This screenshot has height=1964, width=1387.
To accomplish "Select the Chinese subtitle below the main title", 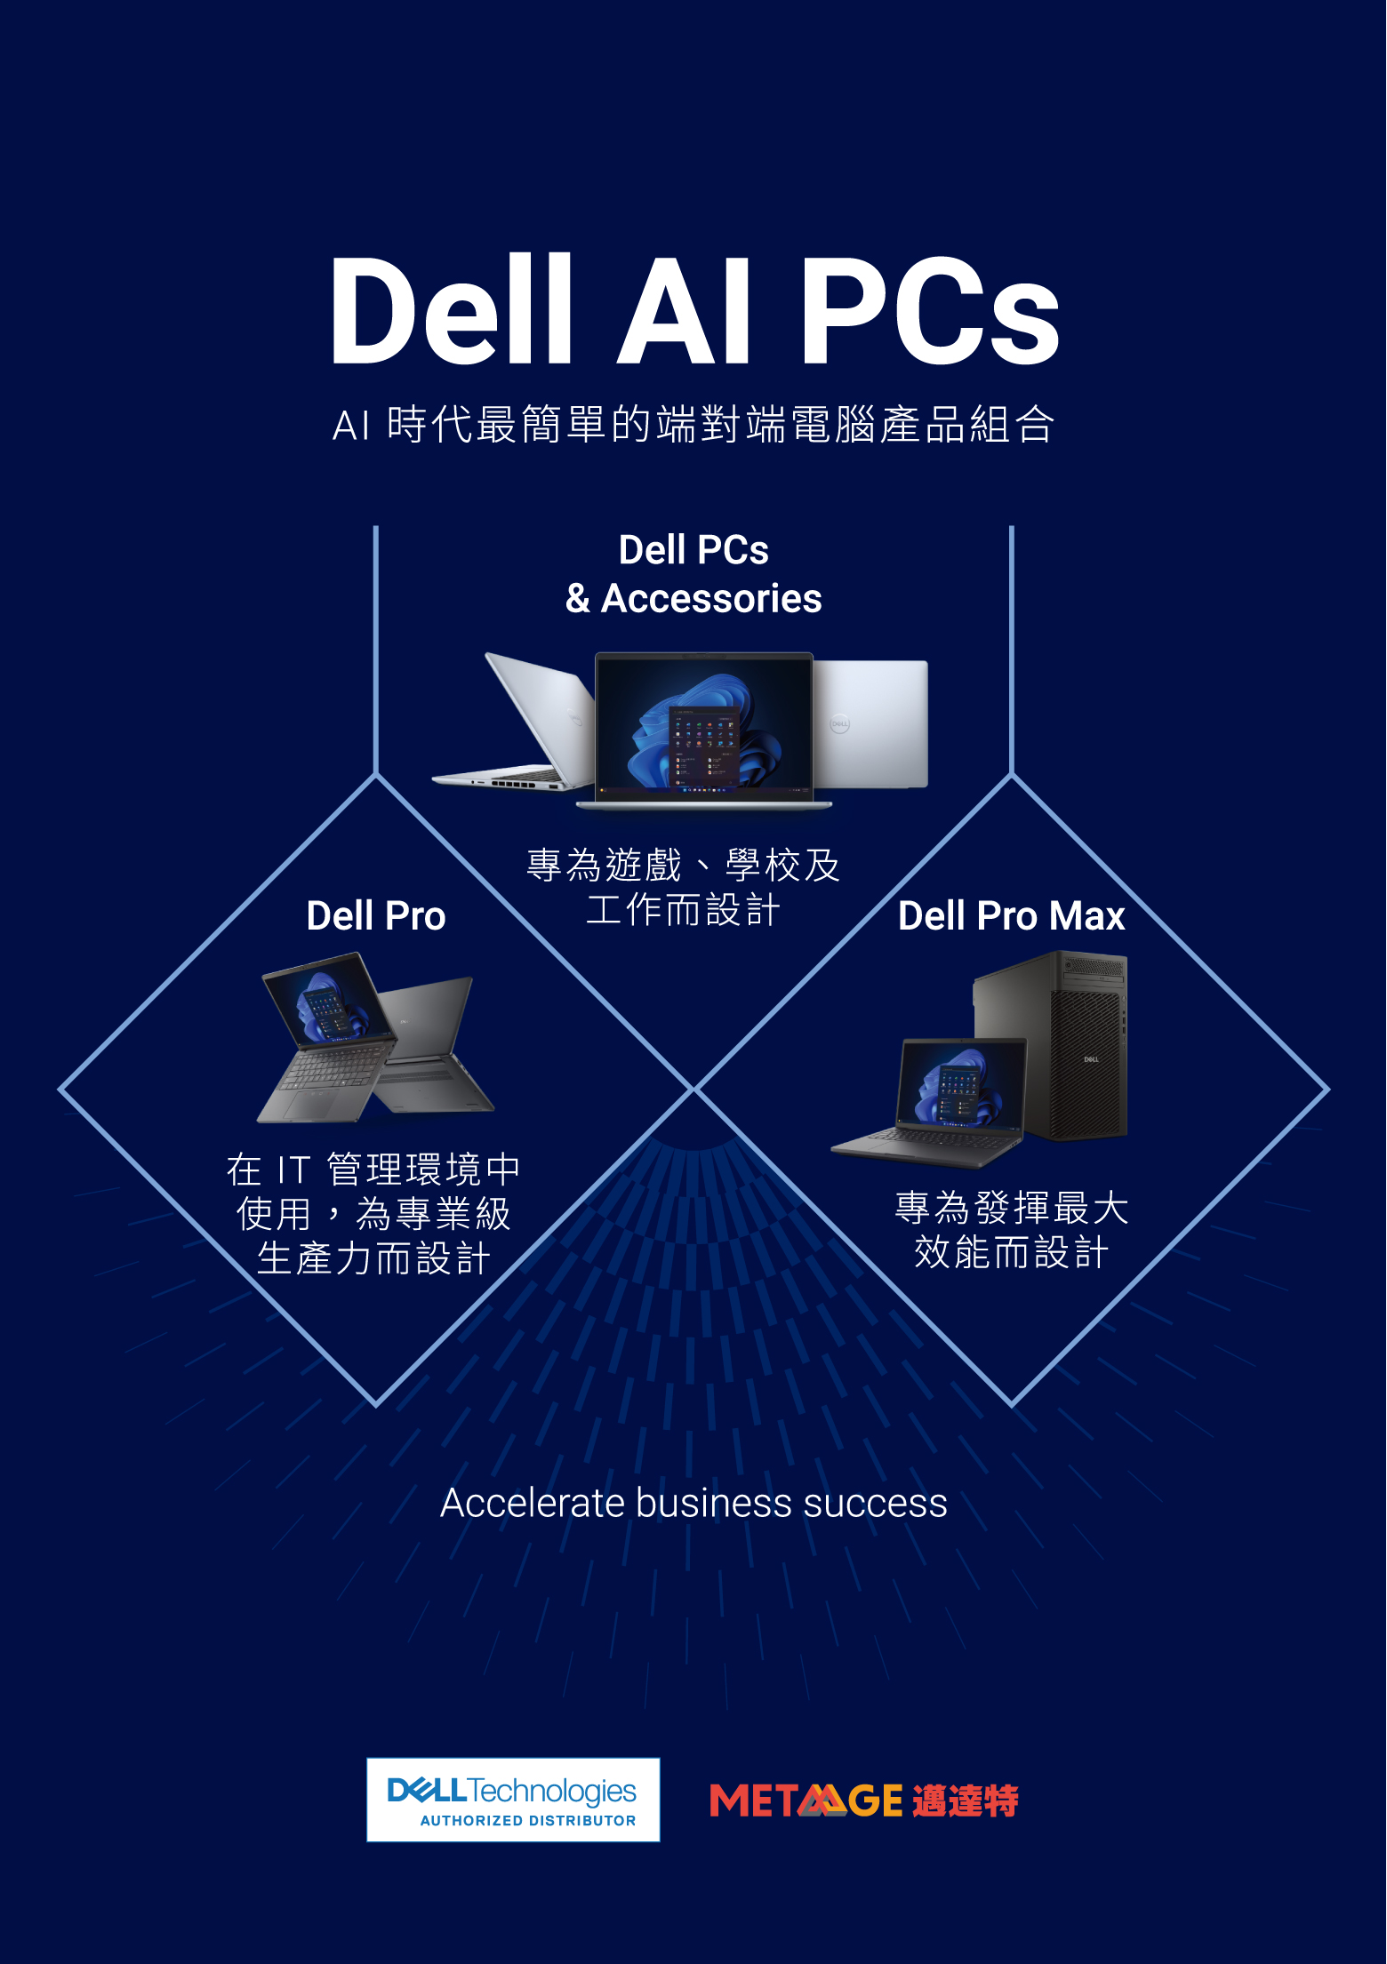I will point(693,424).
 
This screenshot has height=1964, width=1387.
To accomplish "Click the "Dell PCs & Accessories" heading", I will point(693,574).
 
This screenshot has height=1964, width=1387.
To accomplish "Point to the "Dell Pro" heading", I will point(376,916).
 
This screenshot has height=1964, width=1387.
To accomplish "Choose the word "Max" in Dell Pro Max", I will point(1086,916).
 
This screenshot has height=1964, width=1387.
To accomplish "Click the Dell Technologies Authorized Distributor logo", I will point(513,1800).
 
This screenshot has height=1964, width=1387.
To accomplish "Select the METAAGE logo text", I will point(806,1801).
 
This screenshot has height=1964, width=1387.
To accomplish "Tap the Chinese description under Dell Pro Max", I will point(1012,1231).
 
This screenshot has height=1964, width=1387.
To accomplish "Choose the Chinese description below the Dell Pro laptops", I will point(373,1214).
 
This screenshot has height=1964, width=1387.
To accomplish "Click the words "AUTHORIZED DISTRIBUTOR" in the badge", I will point(528,1820).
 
